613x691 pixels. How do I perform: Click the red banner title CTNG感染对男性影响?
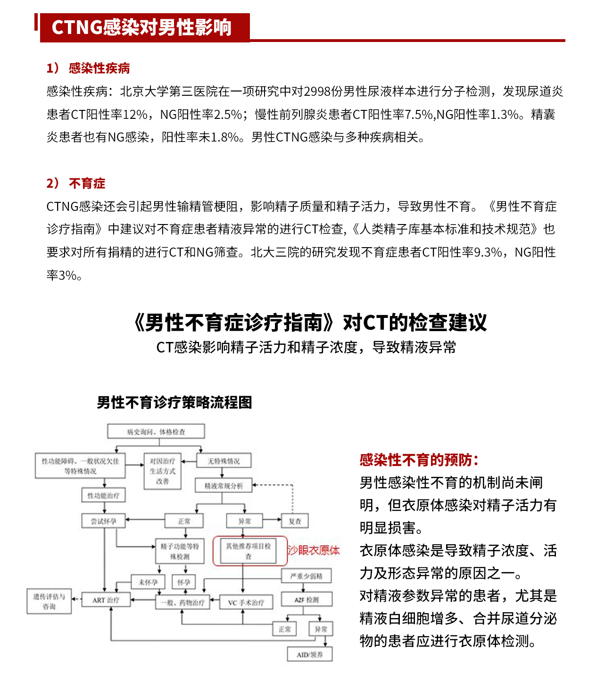pos(141,27)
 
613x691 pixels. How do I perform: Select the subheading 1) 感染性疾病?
pos(88,68)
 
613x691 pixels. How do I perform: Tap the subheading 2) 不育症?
pos(76,183)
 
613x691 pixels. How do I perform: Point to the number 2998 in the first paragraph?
pos(317,91)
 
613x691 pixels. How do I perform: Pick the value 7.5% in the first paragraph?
pos(419,114)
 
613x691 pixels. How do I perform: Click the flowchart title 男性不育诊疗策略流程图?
pos(174,402)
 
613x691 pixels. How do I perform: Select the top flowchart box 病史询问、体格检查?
pos(156,432)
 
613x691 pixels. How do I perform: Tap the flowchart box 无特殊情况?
pos(224,461)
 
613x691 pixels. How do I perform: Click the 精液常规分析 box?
pos(224,485)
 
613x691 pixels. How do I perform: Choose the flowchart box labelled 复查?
pos(295,521)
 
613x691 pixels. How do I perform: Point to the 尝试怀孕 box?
pos(104,521)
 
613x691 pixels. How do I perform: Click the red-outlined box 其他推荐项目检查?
pos(249,550)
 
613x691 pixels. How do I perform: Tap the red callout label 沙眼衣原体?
pos(314,550)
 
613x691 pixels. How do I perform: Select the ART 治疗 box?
pos(106,600)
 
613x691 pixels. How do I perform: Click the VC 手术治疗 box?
pos(246,602)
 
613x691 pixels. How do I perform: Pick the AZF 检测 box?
pos(306,599)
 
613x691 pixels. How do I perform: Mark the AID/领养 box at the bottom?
pos(310,655)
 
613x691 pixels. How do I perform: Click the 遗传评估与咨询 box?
pos(49,601)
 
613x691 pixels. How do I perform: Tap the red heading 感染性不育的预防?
pos(419,460)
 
